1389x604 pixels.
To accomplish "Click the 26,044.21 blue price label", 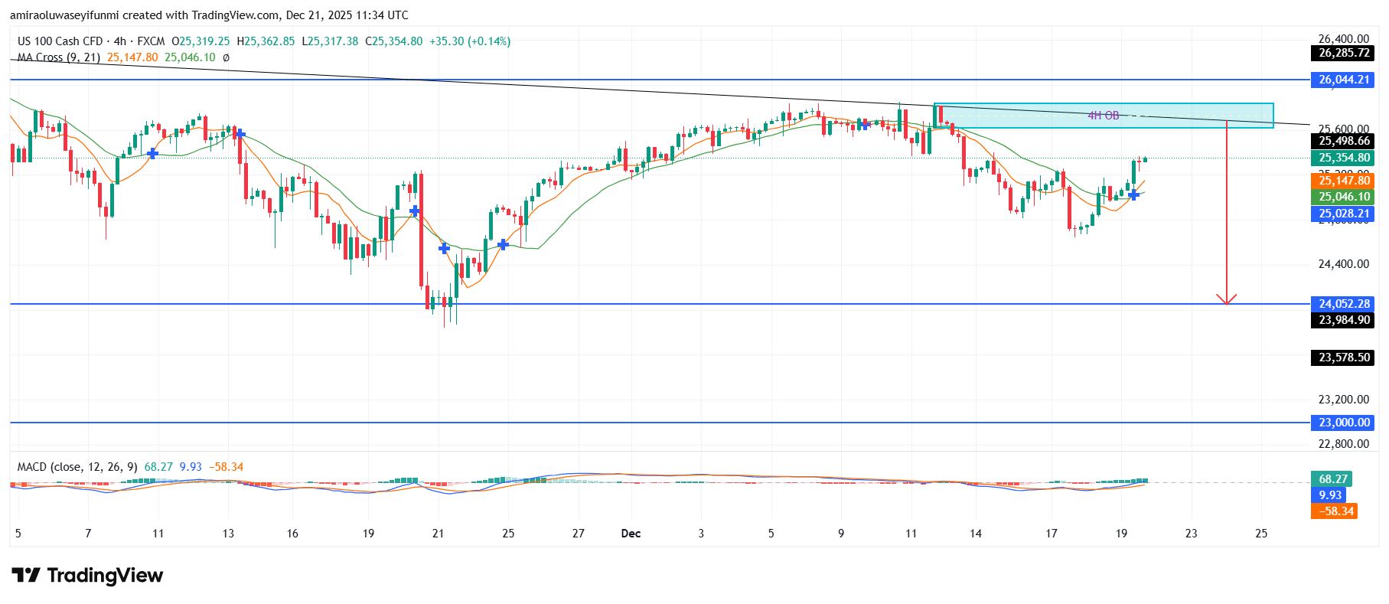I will pos(1344,80).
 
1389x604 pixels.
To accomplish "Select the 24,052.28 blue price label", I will pos(1344,304).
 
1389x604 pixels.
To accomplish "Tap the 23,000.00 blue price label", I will pos(1344,423).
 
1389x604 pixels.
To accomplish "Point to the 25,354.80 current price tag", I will pos(1344,158).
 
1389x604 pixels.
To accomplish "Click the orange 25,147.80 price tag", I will pos(1344,181).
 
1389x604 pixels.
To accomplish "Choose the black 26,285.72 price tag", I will pos(1344,53).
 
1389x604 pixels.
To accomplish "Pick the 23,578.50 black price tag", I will pos(1344,358).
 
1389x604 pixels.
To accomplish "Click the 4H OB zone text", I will pos(1103,116).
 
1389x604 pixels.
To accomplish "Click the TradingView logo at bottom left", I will pos(87,576).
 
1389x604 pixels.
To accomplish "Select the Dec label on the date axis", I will pos(631,534).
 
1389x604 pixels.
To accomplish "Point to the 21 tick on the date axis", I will pos(438,534).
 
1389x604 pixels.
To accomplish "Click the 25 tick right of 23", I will pos(1261,534).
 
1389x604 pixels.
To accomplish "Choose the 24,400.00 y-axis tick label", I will pos(1343,264).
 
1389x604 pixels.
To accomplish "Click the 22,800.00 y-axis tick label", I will pos(1343,443).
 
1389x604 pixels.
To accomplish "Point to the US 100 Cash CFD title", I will pos(60,41).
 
